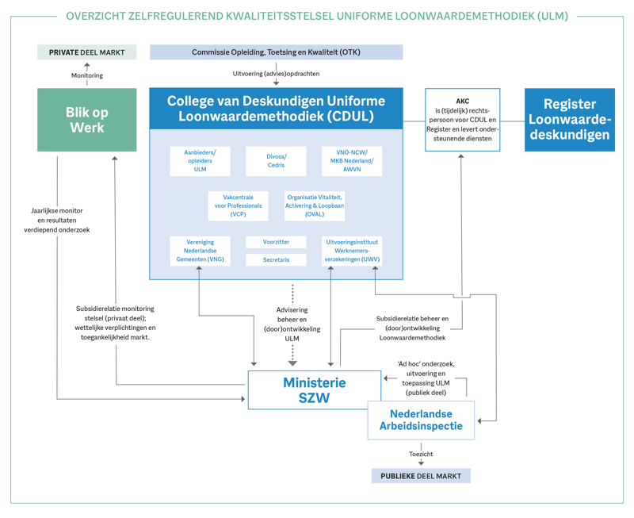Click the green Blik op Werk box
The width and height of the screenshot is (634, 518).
[x=87, y=120]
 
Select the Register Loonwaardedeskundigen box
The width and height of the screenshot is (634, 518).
[x=569, y=120]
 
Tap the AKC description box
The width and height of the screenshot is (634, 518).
[x=462, y=120]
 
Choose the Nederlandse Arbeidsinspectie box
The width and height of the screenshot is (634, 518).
[x=421, y=420]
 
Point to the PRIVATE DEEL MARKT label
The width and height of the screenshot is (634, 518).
[x=87, y=52]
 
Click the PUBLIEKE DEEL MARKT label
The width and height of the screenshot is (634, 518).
[x=421, y=476]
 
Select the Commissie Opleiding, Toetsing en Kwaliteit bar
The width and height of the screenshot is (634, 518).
[x=276, y=52]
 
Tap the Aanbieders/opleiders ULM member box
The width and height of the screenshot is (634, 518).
[x=200, y=161]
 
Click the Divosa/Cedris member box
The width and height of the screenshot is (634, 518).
[x=276, y=161]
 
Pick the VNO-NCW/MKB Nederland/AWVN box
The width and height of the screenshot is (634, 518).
[x=352, y=161]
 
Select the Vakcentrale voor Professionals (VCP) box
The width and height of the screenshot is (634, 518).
[x=238, y=205]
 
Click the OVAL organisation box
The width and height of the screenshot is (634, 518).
[x=315, y=205]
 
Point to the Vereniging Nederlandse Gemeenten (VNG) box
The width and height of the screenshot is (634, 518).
[x=200, y=251]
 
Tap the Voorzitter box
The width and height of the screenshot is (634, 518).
[x=276, y=242]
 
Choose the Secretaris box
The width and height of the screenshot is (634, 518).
[x=276, y=259]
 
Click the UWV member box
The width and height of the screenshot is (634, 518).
[x=352, y=251]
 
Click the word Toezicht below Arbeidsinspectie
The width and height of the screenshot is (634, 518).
[x=421, y=455]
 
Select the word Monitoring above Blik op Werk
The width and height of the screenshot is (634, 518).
[x=87, y=75]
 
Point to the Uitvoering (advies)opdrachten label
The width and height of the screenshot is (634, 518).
[x=276, y=74]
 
